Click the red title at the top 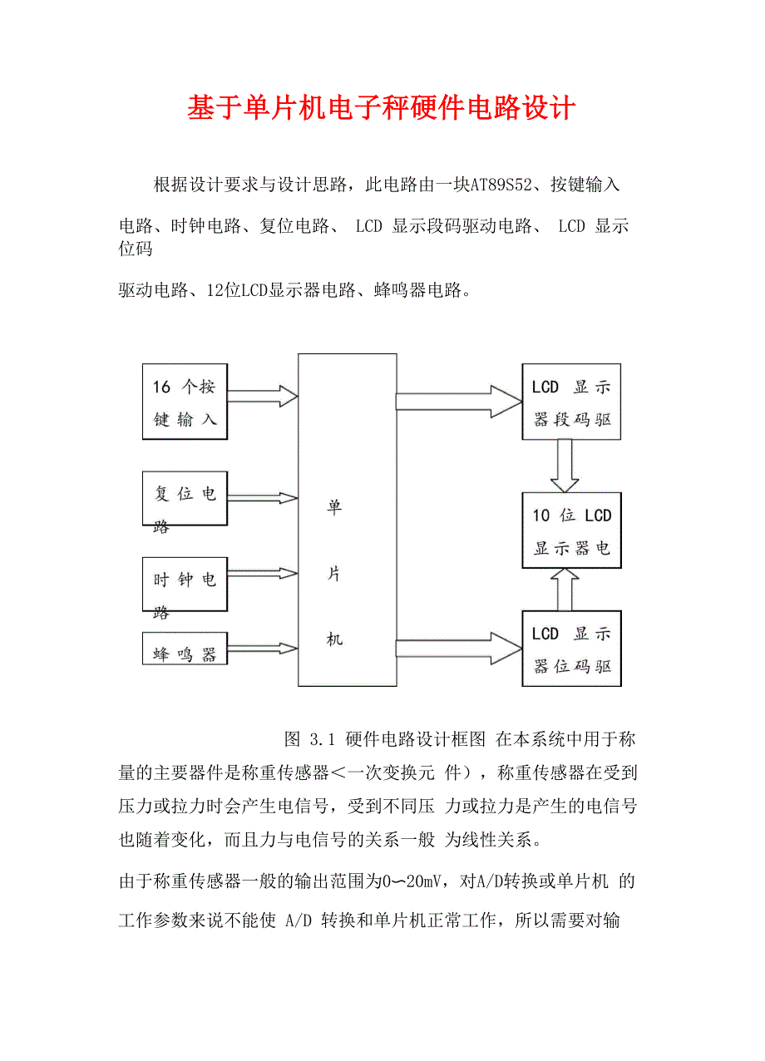[382, 108]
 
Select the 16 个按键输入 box [185, 402]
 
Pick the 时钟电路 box [185, 585]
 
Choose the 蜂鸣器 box [185, 650]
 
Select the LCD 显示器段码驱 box [571, 402]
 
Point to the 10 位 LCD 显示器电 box [571, 530]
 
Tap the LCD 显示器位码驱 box [571, 648]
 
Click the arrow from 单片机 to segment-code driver [458, 402]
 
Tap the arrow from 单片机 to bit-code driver [458, 648]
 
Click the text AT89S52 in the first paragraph [499, 185]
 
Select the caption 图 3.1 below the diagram [308, 738]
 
